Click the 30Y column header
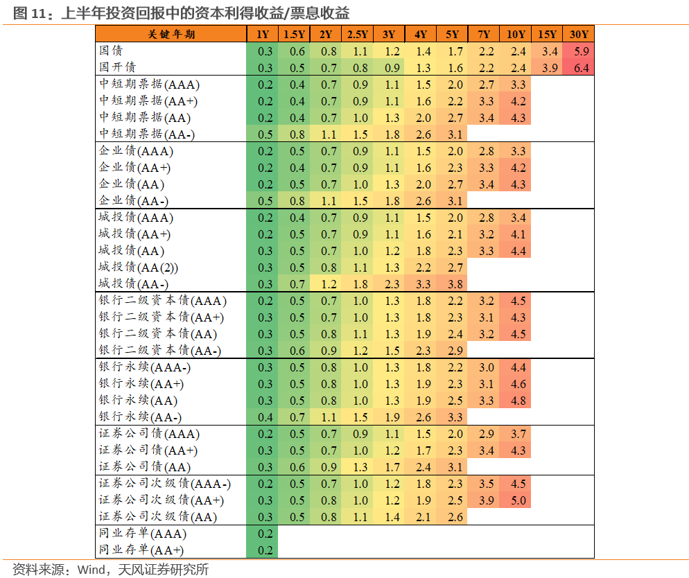(x=579, y=35)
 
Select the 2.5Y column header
(x=358, y=35)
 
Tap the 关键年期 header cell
(x=171, y=35)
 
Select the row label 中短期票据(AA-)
(x=141, y=134)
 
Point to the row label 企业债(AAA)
(x=136, y=151)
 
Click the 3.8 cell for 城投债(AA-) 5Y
(x=455, y=284)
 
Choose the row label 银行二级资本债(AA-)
(x=159, y=351)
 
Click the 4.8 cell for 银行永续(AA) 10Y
(x=517, y=401)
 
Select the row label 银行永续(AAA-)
(x=145, y=367)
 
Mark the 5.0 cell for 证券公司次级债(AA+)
(x=517, y=500)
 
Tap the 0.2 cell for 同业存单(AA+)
(x=265, y=550)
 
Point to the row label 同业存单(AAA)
(x=143, y=534)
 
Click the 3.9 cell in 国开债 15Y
(x=550, y=68)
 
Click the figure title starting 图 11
(x=181, y=12)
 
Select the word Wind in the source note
(x=91, y=570)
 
